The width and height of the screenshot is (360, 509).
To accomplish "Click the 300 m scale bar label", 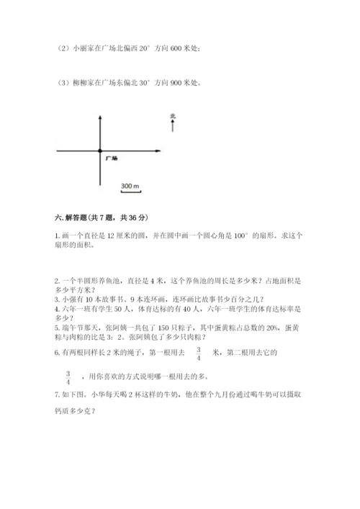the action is click(x=130, y=186).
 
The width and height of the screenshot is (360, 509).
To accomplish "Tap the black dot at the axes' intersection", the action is click(x=99, y=151).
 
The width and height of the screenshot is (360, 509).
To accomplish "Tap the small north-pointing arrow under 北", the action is click(x=173, y=127).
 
